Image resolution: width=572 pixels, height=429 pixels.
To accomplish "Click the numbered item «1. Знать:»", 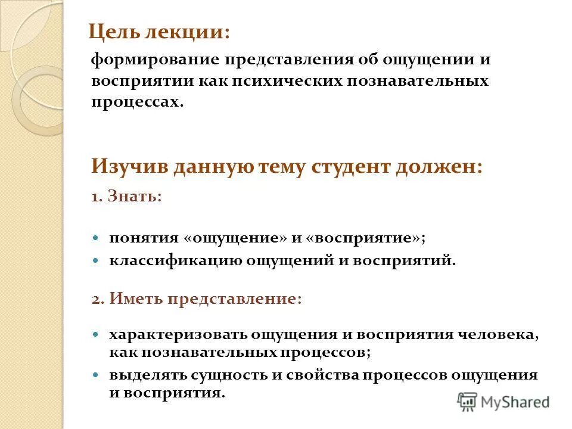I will [126, 197].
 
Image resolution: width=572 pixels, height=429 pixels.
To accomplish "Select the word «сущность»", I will [225, 375].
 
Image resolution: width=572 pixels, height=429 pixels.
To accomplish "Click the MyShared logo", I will [503, 401].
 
